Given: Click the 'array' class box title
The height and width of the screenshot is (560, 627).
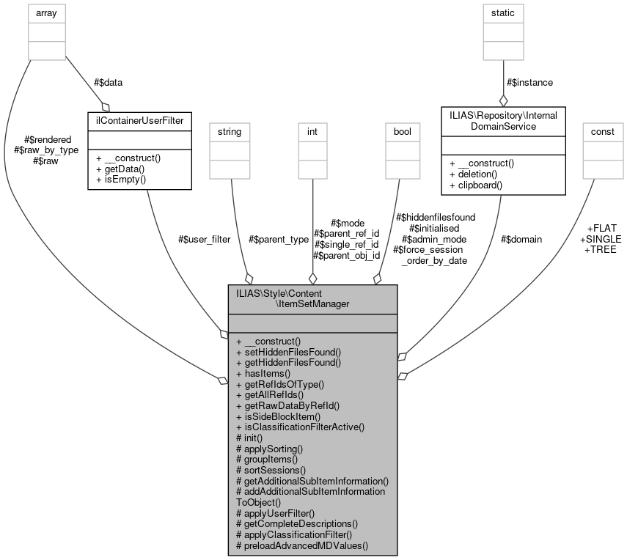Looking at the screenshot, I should click(47, 12).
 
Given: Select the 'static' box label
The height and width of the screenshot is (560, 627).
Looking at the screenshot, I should click(503, 12).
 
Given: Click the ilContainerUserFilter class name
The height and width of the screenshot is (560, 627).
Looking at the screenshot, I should click(139, 120).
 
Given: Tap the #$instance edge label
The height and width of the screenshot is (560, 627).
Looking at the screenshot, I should click(529, 83).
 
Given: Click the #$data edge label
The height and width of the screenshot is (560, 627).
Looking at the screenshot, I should click(108, 83).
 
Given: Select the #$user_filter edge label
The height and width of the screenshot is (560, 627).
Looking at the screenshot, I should click(204, 239).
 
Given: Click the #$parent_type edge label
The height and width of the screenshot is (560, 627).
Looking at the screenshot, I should click(279, 239).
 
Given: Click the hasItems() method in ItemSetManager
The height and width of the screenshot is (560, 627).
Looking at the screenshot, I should click(263, 372).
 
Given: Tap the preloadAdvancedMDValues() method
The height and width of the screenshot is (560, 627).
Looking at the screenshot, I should click(301, 545).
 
